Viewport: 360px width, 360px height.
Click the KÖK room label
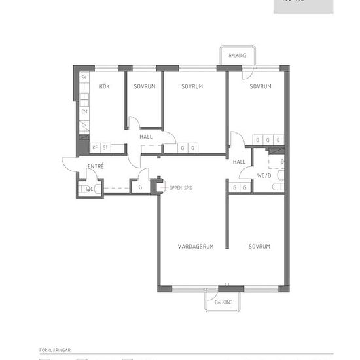(x=104, y=86)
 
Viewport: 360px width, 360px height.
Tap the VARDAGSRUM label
(x=196, y=246)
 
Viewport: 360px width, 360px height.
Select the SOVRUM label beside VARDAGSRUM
(x=259, y=246)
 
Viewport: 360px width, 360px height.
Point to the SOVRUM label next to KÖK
(x=144, y=86)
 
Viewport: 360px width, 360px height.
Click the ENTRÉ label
(x=96, y=166)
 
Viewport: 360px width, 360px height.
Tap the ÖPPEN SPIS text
(x=181, y=187)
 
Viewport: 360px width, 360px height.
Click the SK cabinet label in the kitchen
(x=84, y=78)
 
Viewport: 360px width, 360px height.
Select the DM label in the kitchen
(x=84, y=112)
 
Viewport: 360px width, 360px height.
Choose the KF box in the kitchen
(x=95, y=148)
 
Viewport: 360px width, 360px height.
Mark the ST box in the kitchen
(x=104, y=148)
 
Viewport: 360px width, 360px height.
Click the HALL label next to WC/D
(x=240, y=161)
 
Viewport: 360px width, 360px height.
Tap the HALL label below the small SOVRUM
(x=145, y=136)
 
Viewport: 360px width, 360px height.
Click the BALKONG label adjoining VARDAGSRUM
(x=224, y=302)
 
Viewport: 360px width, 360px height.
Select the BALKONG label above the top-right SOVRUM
(x=238, y=56)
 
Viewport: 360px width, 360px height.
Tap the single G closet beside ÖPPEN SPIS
(x=140, y=187)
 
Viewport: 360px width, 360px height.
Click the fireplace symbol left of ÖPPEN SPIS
(x=156, y=186)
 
